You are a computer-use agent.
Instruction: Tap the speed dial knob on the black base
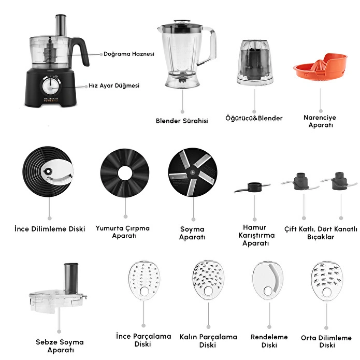(51, 87)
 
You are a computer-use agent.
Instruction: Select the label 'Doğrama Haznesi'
(129, 54)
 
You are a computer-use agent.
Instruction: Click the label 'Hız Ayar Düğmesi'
(114, 85)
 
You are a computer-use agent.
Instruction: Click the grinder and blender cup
(254, 62)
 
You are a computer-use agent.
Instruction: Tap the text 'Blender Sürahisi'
(182, 121)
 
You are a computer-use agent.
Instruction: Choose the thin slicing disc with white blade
(48, 171)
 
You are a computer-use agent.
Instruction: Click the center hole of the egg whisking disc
(125, 173)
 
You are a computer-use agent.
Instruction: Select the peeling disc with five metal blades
(193, 172)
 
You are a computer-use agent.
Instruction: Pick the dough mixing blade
(252, 187)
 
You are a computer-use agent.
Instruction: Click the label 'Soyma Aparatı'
(192, 233)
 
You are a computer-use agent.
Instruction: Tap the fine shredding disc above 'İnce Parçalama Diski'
(143, 280)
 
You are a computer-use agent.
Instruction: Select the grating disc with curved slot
(268, 280)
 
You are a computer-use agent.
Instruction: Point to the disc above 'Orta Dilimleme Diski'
(327, 281)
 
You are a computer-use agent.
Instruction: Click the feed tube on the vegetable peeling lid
(71, 279)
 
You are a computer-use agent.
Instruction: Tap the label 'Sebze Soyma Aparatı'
(60, 346)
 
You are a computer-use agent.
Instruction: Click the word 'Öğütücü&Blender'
(254, 118)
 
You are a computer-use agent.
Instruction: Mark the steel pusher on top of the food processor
(61, 25)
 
